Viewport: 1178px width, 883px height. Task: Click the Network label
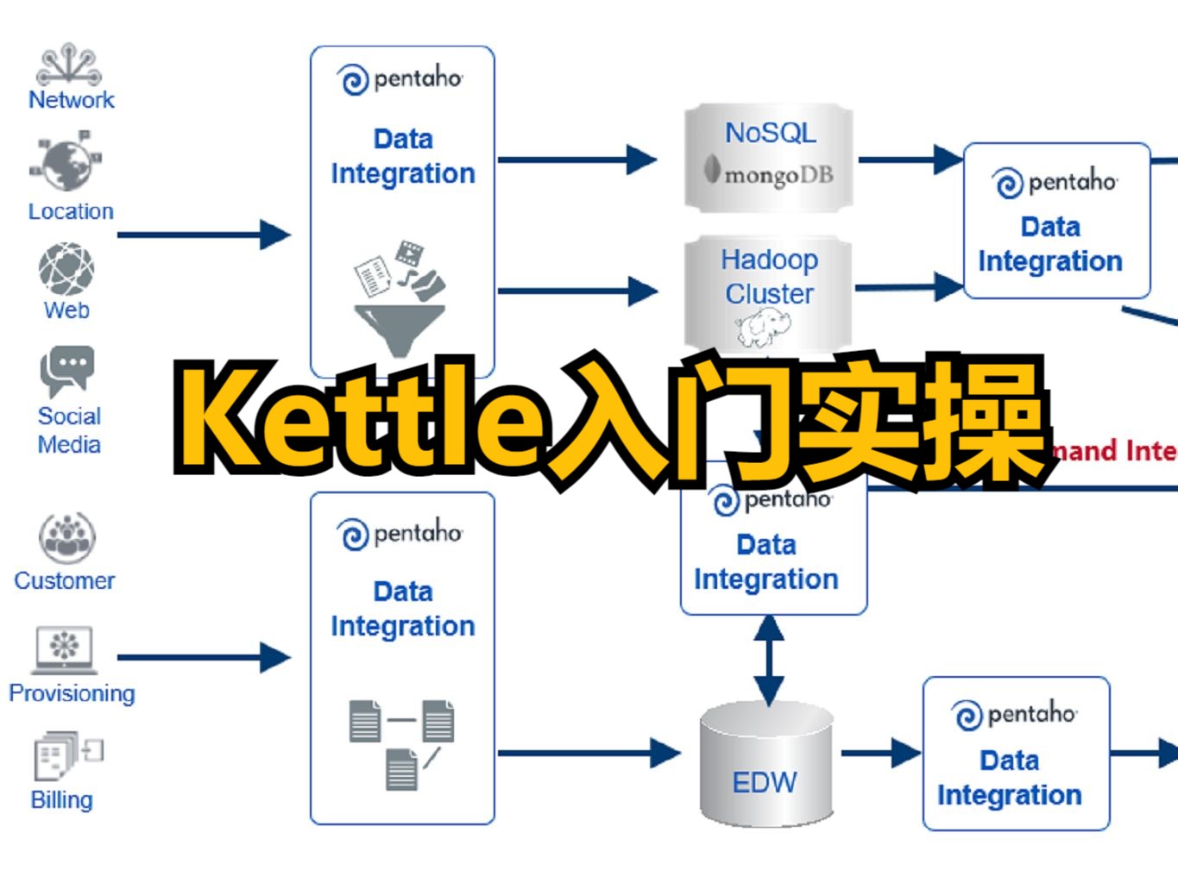click(71, 100)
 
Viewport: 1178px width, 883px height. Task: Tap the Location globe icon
click(66, 163)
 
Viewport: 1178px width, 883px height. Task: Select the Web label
click(66, 310)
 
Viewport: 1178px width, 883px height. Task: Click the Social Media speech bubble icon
click(66, 370)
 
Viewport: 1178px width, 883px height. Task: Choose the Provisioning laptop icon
click(65, 648)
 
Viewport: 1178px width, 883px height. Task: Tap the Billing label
click(61, 800)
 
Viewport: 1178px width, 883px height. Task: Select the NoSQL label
click(770, 133)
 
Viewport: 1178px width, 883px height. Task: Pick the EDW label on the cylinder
click(765, 782)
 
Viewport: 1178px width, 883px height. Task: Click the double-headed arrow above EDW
click(768, 660)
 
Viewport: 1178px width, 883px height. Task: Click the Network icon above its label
click(69, 66)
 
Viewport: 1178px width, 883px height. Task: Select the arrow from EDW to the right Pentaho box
click(880, 753)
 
